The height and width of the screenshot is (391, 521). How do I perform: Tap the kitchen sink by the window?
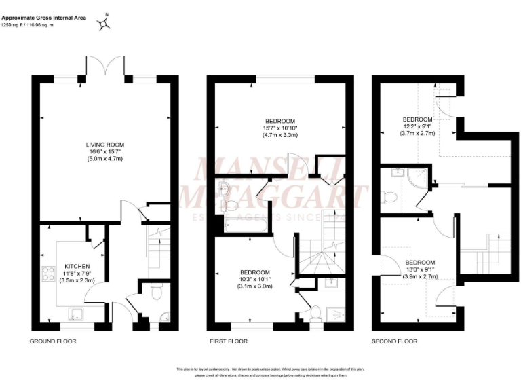(77, 313)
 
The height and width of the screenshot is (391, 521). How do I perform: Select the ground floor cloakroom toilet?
(155, 293)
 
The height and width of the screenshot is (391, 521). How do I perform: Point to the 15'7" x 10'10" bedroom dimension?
(280, 128)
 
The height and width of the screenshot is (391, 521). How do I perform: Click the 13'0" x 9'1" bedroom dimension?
(421, 269)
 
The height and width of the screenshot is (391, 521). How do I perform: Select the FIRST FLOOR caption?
(228, 341)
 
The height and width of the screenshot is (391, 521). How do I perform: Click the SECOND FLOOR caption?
(394, 341)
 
